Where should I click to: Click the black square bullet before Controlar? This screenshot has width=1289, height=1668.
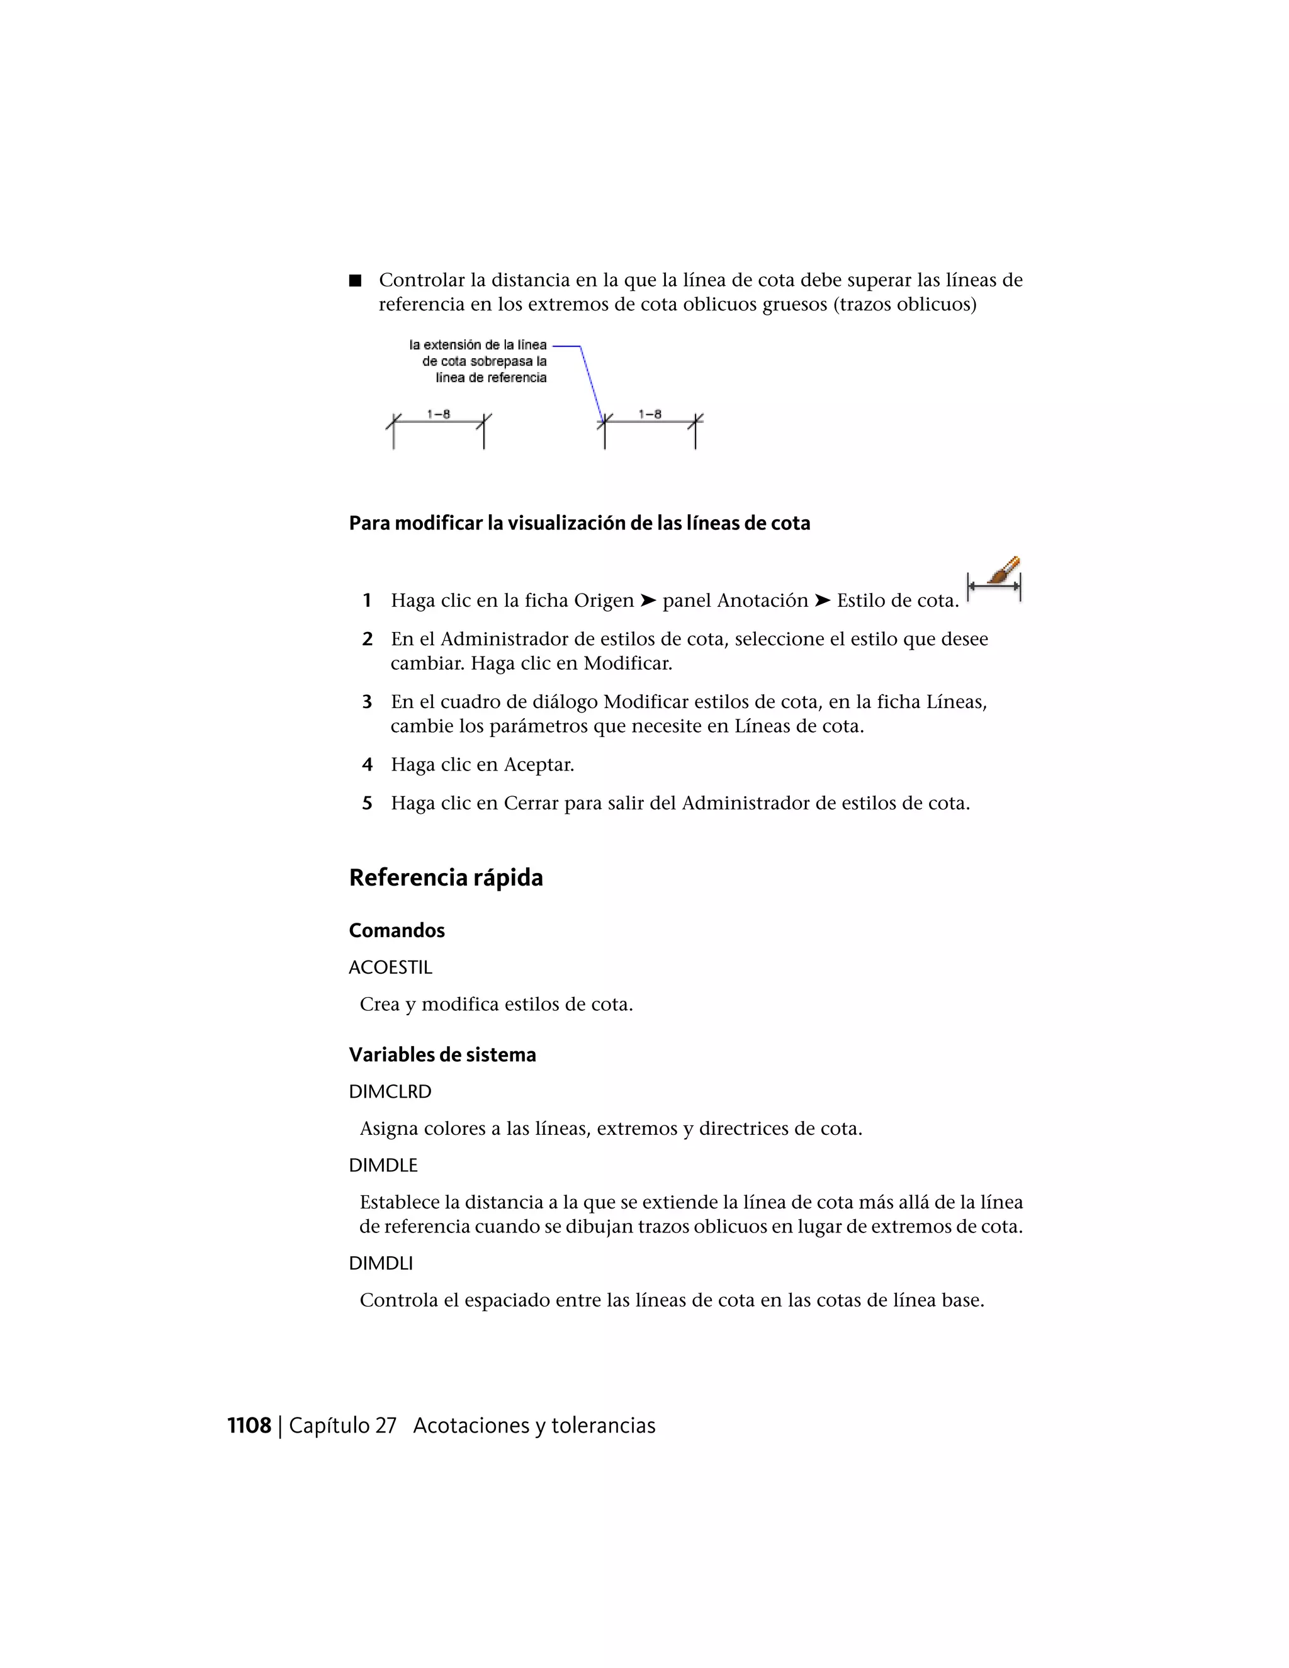(x=355, y=280)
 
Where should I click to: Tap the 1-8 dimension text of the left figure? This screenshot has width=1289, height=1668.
(x=438, y=414)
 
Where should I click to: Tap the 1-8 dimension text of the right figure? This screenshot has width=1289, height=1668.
(x=650, y=414)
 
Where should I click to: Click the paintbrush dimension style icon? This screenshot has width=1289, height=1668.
(x=994, y=580)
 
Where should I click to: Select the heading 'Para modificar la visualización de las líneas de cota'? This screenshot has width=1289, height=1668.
(x=579, y=523)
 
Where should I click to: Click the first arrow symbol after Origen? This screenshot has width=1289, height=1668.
(x=648, y=601)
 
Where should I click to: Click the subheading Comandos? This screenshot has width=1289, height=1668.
(x=397, y=930)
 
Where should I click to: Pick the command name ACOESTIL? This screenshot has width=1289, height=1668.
(x=390, y=967)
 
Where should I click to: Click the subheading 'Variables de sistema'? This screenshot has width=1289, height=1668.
(x=442, y=1055)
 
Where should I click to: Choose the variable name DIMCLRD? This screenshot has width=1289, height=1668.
(x=390, y=1092)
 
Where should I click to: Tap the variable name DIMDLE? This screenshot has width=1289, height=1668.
(x=383, y=1166)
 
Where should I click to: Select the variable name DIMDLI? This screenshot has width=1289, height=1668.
(x=380, y=1263)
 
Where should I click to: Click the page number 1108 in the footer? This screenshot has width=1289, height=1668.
(x=249, y=1426)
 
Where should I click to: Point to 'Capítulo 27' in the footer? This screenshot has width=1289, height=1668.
(x=342, y=1426)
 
